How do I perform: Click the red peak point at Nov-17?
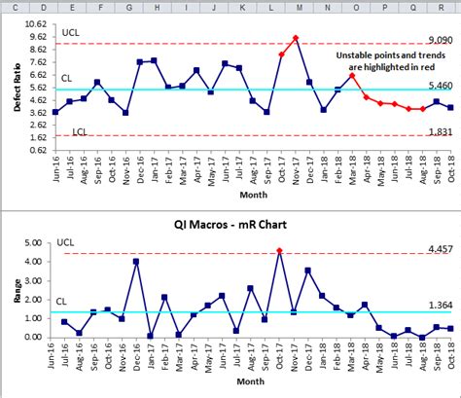click(x=296, y=38)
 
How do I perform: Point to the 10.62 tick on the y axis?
click(x=34, y=24)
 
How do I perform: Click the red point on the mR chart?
click(x=280, y=251)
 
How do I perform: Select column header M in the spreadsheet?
click(x=298, y=7)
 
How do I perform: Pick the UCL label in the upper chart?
click(x=70, y=32)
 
